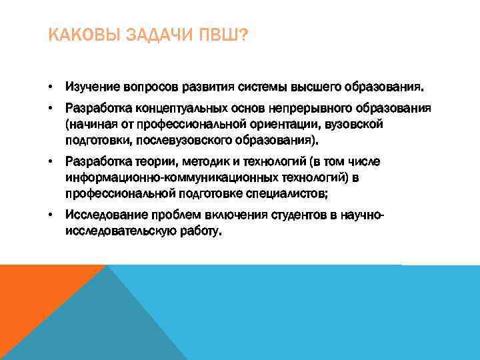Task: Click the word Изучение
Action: coord(90,87)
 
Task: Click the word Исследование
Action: coord(100,215)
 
